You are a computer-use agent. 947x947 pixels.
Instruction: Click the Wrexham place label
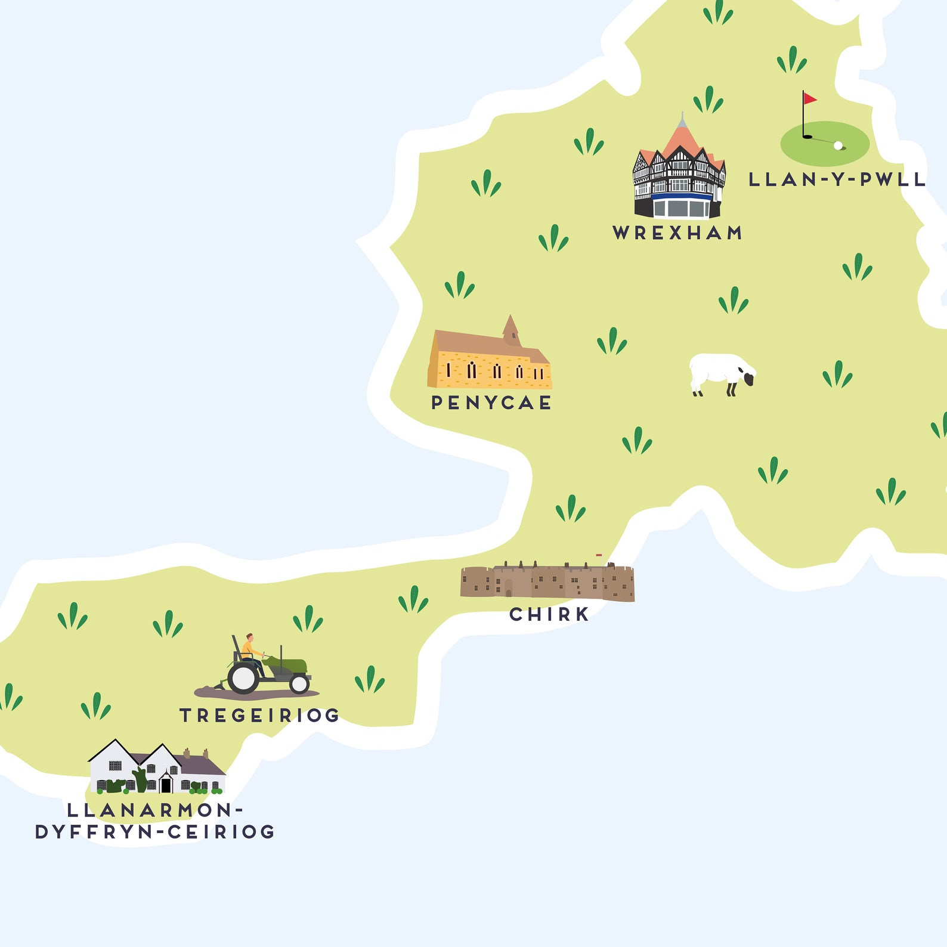677,233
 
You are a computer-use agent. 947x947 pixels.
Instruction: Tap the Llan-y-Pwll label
837,180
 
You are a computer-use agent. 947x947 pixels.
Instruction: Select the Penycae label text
491,403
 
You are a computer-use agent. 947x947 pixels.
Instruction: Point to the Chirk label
549,614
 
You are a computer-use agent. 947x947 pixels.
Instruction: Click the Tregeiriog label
259,715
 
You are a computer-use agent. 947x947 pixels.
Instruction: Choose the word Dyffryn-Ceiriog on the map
155,832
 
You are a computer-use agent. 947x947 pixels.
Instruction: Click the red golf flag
809,98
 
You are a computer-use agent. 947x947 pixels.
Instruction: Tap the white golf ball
838,145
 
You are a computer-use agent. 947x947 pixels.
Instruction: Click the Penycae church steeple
510,330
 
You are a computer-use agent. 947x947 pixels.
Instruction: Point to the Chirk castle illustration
547,581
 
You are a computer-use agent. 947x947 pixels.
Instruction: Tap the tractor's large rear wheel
243,678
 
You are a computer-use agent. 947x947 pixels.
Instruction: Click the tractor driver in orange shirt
248,648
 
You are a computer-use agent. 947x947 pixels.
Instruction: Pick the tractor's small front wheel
299,684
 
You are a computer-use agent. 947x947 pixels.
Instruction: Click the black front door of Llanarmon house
166,785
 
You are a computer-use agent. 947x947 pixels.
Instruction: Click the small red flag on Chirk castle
599,555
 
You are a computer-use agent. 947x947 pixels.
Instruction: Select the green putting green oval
825,143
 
